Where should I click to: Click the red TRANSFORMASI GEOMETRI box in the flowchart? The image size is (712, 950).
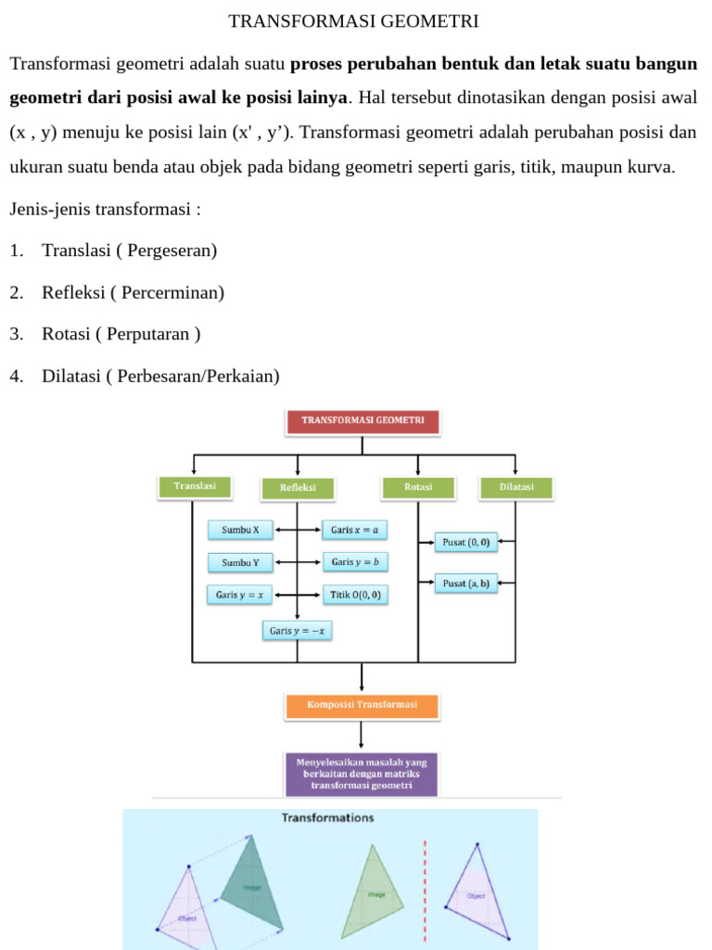click(x=362, y=421)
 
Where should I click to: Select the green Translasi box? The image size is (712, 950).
click(x=194, y=487)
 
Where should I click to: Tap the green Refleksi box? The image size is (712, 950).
click(x=297, y=488)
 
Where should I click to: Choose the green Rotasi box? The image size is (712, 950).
click(x=418, y=487)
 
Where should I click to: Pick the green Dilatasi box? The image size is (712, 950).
click(x=516, y=487)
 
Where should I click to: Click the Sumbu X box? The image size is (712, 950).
click(x=241, y=531)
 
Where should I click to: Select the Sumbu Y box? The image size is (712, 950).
click(x=241, y=562)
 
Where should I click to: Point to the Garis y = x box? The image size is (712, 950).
click(x=239, y=595)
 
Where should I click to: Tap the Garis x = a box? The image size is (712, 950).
click(x=354, y=531)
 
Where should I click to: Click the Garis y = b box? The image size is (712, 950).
click(x=355, y=562)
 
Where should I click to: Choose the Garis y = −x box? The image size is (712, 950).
click(x=297, y=631)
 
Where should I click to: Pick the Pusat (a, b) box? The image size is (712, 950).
click(x=465, y=584)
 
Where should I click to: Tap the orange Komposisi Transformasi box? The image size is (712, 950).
click(x=362, y=705)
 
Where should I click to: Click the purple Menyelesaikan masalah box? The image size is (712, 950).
click(x=362, y=774)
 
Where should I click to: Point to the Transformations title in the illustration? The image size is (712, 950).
click(x=328, y=818)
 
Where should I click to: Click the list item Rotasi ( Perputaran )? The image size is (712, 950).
click(x=121, y=334)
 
